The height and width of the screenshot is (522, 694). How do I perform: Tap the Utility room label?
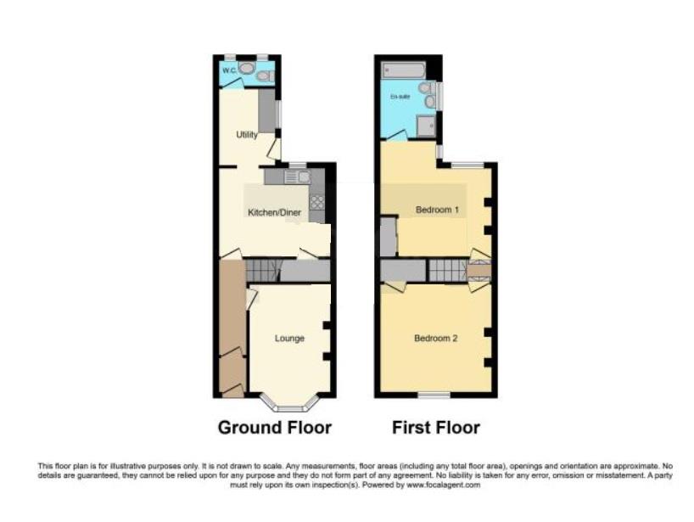click(x=247, y=134)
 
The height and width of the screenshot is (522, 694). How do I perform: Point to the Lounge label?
click(x=289, y=339)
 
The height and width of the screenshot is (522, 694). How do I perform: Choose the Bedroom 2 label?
click(x=435, y=339)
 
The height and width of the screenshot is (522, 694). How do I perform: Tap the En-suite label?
click(x=399, y=98)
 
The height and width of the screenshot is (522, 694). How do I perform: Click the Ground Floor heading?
click(x=275, y=427)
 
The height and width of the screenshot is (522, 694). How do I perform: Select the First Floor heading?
click(x=436, y=427)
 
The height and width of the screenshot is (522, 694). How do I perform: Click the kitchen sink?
click(x=297, y=177)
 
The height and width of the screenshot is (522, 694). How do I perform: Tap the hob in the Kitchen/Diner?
click(x=316, y=202)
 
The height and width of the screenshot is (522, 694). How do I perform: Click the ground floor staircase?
click(x=262, y=271)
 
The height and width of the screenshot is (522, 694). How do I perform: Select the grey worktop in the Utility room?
click(x=267, y=110)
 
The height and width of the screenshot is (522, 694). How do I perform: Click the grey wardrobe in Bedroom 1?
click(x=388, y=237)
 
